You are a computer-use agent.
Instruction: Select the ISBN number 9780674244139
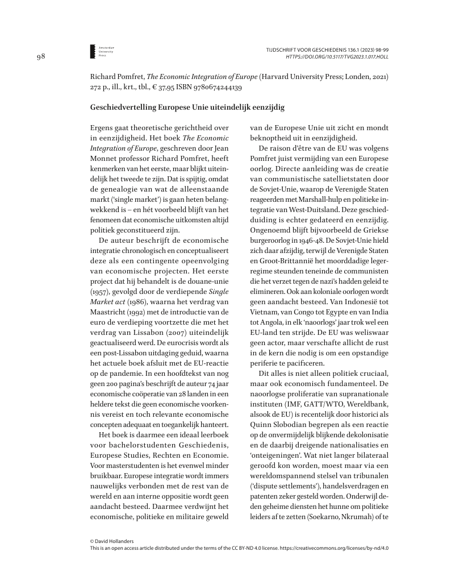pyautogui.click(x=214, y=88)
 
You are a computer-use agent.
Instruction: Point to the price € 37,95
pyautogui.click(x=163, y=88)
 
